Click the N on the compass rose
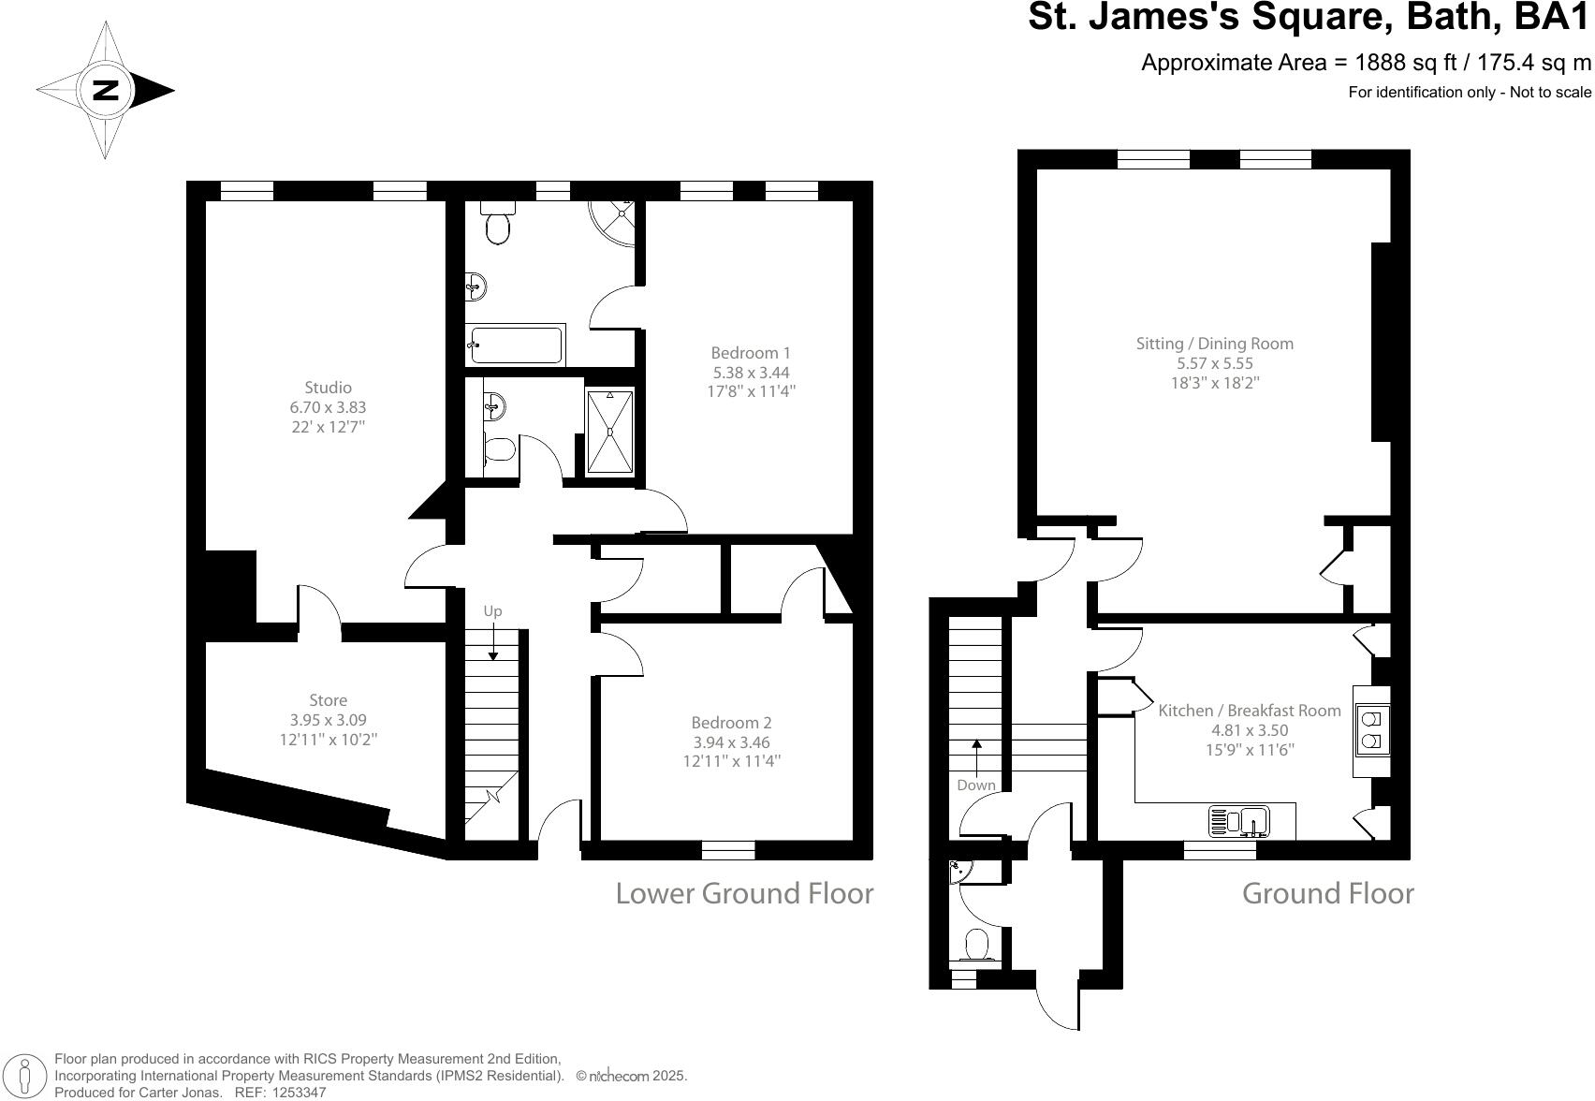(106, 91)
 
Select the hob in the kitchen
(1371, 730)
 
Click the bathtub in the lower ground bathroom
(517, 345)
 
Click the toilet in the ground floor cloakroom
(977, 945)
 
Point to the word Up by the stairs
(492, 611)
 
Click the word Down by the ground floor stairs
(975, 785)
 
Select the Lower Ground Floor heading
(744, 893)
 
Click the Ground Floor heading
(1327, 893)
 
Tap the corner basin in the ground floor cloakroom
(959, 872)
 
